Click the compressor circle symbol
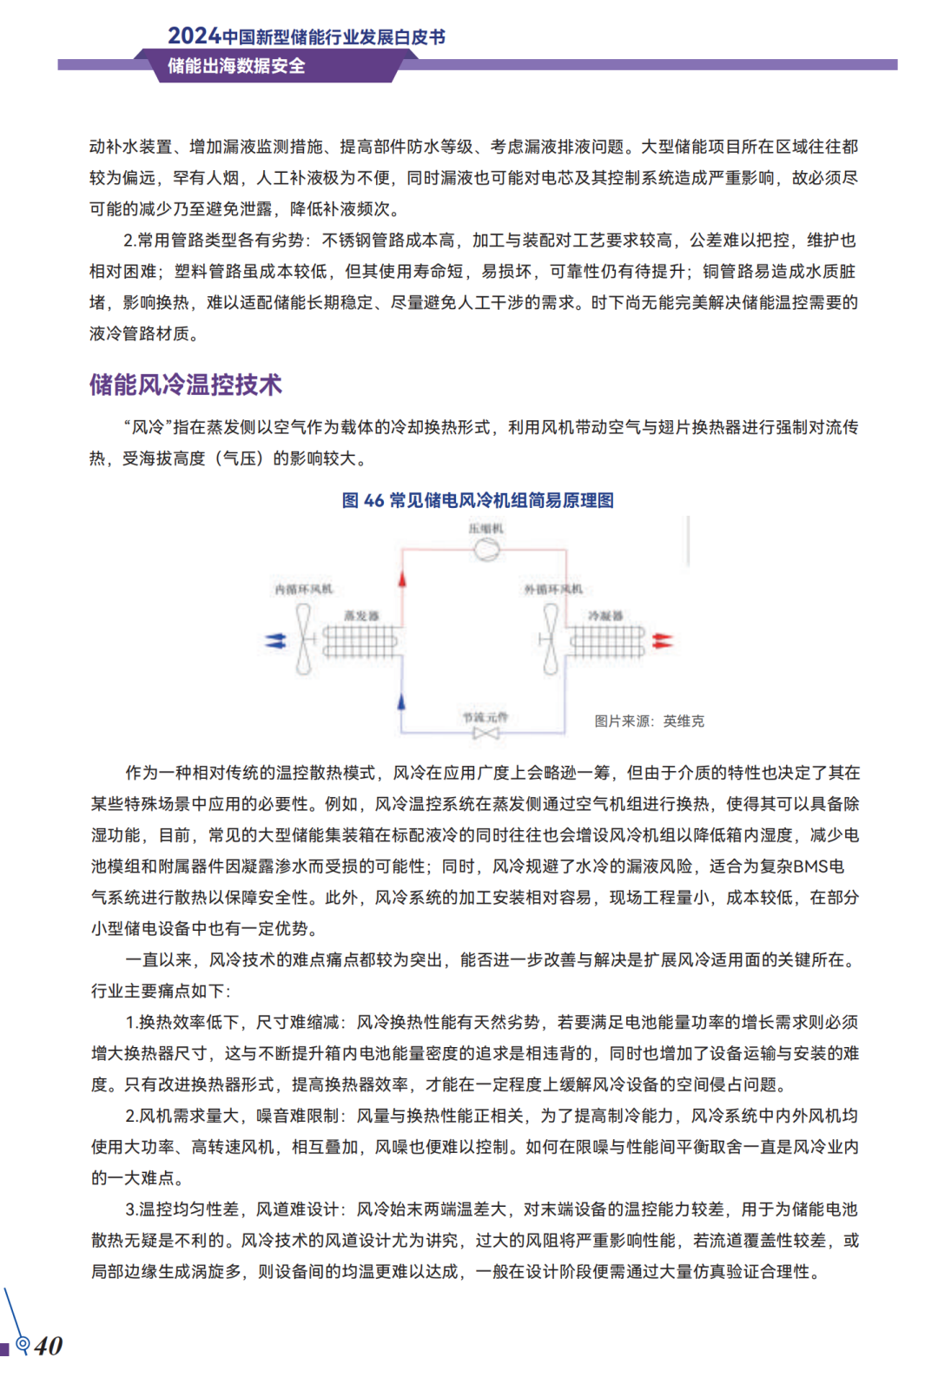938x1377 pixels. click(486, 549)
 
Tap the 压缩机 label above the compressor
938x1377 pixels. click(486, 528)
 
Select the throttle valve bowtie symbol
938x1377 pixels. click(486, 734)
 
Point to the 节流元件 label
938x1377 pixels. click(486, 717)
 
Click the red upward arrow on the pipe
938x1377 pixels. click(401, 579)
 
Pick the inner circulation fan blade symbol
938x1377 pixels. click(303, 639)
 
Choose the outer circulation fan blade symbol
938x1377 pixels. click(551, 639)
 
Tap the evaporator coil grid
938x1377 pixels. click(360, 642)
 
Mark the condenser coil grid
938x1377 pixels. click(607, 642)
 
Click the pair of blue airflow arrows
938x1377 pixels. click(275, 641)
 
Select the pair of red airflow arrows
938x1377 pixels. click(662, 641)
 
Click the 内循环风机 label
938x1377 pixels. click(303, 590)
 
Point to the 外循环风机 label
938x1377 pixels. click(553, 590)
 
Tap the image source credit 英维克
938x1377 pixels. click(684, 721)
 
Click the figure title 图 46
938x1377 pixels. click(362, 500)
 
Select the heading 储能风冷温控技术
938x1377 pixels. click(186, 385)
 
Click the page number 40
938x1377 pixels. click(49, 1346)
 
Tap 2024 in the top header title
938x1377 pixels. click(194, 36)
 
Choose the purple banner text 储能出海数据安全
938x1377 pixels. click(236, 66)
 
